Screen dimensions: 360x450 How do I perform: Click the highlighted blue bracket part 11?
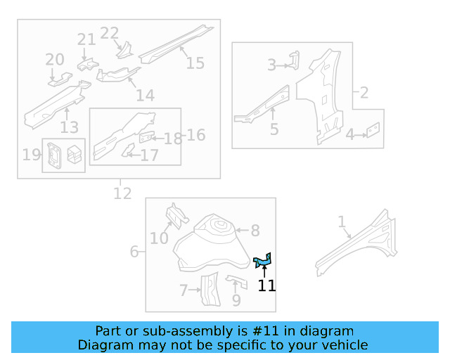click(x=263, y=262)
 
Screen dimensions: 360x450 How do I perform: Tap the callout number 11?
click(x=266, y=285)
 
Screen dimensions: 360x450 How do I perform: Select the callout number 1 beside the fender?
click(x=342, y=222)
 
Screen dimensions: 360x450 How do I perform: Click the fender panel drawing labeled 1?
click(x=359, y=243)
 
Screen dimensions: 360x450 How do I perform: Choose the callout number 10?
click(x=159, y=238)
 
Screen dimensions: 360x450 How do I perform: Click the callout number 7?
click(x=184, y=290)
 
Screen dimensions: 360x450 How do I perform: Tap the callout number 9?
click(x=236, y=300)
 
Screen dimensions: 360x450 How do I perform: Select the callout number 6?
click(x=134, y=251)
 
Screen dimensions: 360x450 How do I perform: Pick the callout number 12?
click(x=122, y=193)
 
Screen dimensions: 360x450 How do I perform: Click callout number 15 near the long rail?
click(x=195, y=63)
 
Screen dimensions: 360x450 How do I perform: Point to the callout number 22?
click(x=110, y=33)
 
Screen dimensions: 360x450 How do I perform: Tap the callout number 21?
click(x=86, y=39)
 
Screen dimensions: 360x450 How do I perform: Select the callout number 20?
click(x=55, y=60)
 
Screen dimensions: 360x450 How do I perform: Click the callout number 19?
click(x=31, y=155)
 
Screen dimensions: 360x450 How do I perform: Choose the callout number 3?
click(x=271, y=65)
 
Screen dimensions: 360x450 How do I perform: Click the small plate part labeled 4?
click(x=374, y=130)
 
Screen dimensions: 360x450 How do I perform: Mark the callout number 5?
click(x=274, y=129)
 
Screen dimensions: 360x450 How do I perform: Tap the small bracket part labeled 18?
click(x=147, y=136)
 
